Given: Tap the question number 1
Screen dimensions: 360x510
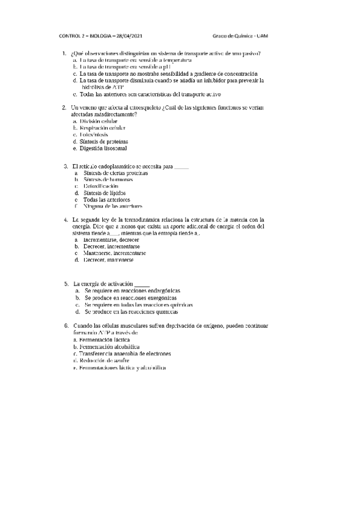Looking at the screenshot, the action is coord(64,54).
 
